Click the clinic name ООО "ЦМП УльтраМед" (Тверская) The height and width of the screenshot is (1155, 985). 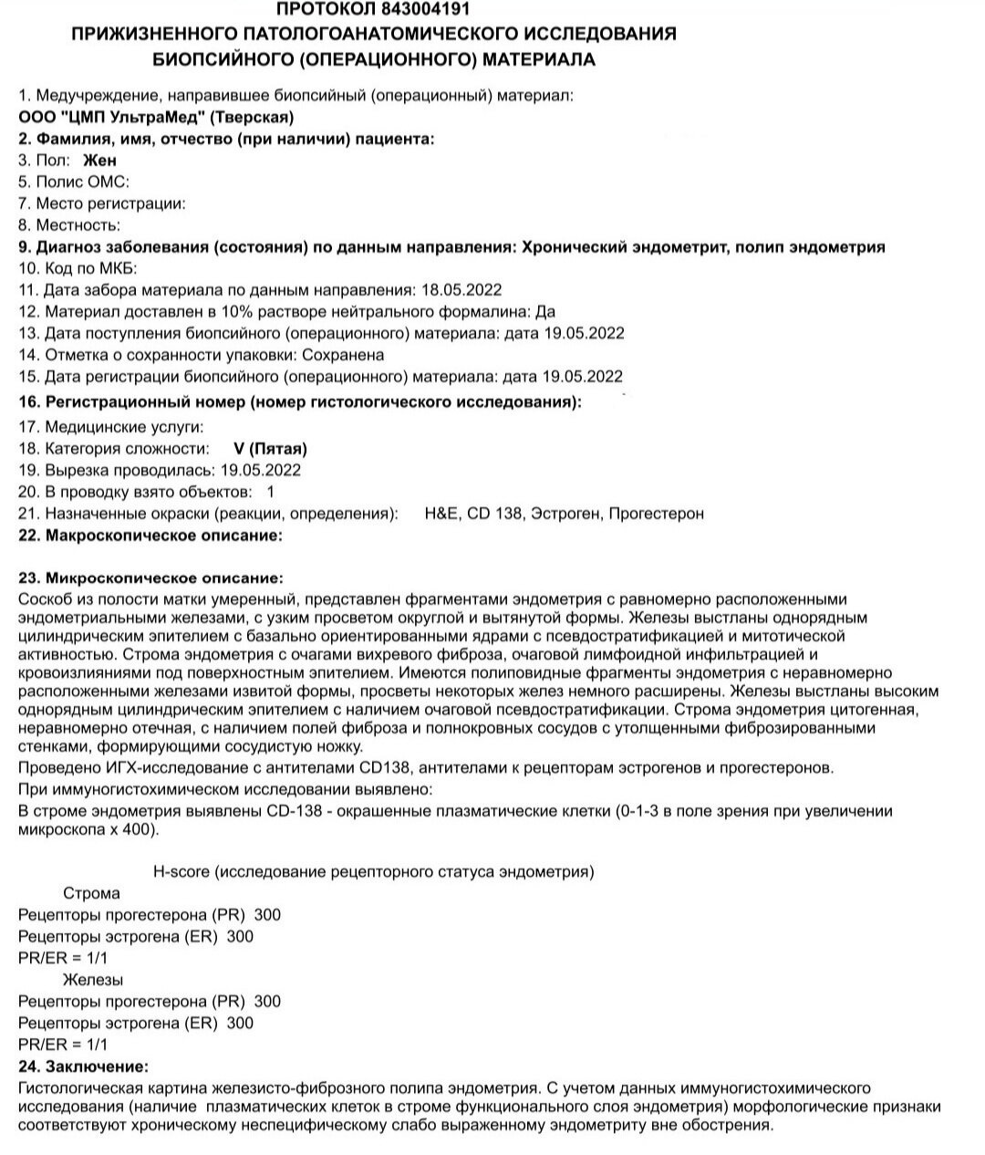coord(156,117)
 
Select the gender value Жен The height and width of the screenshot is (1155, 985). coord(100,160)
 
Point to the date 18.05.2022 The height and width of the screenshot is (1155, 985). coord(461,290)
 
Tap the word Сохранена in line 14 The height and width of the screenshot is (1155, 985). coord(343,355)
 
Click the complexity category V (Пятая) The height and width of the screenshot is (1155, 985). coord(271,449)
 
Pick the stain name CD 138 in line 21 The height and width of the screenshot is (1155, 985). coord(495,514)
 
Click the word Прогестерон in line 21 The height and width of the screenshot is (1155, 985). coord(656,514)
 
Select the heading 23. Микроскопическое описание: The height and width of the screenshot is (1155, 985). coord(150,578)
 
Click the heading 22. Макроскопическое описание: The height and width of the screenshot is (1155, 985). coord(150,536)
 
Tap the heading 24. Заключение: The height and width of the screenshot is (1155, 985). coord(83,1067)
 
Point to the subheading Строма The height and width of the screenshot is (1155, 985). coord(91,893)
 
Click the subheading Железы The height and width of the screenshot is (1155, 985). coord(92,980)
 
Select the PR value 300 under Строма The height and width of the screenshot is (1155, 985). coord(267,915)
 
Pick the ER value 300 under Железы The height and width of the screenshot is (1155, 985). coord(240,1024)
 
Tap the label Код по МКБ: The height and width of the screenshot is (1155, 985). coord(81,268)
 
